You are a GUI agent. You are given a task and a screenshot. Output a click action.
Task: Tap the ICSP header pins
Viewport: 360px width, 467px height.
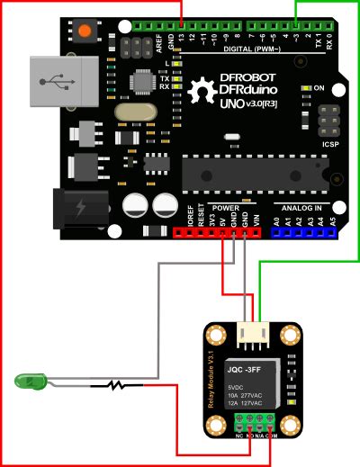(x=319, y=120)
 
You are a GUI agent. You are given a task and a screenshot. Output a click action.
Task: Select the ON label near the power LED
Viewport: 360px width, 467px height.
(x=319, y=87)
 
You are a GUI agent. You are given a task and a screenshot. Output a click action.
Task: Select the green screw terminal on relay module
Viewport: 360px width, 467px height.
(x=254, y=421)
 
